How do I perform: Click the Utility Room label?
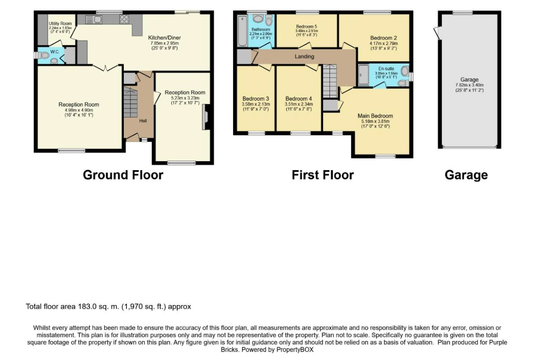coord(60,24)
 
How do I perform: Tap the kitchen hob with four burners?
coord(124,19)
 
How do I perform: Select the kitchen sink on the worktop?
coord(94,19)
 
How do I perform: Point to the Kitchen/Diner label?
coord(164,38)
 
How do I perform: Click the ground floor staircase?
coord(130,103)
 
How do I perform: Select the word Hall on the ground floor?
coord(143,121)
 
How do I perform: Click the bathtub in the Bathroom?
coord(242,31)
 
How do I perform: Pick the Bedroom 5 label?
coord(306,27)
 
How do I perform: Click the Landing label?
coord(304,56)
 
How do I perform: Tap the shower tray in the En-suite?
coord(363,75)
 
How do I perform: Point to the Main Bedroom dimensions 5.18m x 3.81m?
coord(375,121)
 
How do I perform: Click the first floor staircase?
coord(330,81)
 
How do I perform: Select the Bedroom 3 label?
coord(256,99)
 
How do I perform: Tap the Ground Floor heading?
coord(123,175)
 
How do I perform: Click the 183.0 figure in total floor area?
coord(87,306)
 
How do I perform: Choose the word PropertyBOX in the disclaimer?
coord(295,350)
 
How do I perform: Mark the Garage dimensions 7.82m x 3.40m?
coord(469,85)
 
